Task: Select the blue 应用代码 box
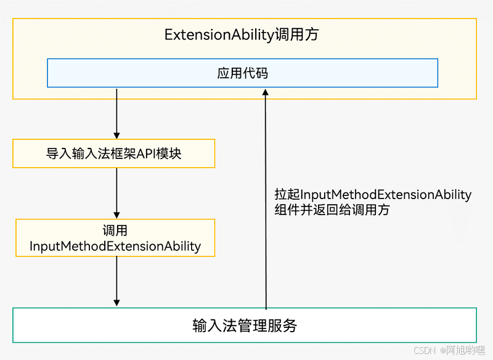(x=243, y=73)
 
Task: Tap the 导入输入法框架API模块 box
(x=113, y=153)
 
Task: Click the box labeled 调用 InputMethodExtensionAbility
(x=115, y=239)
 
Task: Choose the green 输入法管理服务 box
(x=244, y=325)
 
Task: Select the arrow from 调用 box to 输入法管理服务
(x=116, y=280)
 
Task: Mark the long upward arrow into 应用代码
(x=266, y=197)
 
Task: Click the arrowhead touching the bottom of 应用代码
(x=266, y=92)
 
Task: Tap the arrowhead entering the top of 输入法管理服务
(x=116, y=302)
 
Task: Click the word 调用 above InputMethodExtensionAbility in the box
(x=115, y=231)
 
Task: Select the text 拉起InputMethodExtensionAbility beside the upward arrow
(x=373, y=195)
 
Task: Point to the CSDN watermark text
(x=424, y=350)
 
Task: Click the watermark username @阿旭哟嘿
(x=463, y=350)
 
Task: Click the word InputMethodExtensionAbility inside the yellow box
(x=115, y=247)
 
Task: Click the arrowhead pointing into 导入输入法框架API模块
(x=116, y=135)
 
